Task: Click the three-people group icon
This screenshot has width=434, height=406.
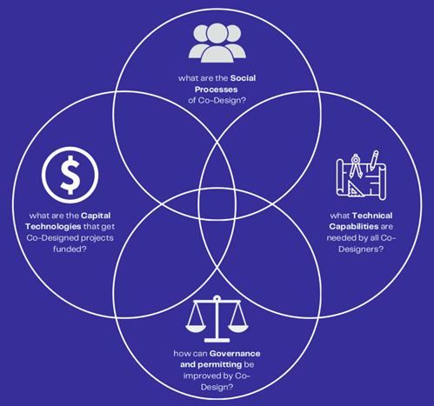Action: (217, 43)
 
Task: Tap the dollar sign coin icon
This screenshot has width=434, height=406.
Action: (70, 175)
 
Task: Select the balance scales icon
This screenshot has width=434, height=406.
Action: (217, 319)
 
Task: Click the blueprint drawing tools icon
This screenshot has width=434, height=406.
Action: (361, 175)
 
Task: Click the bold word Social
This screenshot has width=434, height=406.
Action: (243, 78)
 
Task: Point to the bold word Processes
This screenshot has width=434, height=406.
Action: (217, 90)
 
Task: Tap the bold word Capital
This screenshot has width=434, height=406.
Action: (96, 216)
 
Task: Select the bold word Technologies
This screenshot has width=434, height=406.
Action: (53, 227)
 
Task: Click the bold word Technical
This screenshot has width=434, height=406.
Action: (372, 216)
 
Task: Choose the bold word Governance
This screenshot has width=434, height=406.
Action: (235, 354)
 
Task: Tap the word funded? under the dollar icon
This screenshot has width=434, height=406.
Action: (70, 249)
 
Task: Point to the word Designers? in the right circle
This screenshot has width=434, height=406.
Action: (361, 249)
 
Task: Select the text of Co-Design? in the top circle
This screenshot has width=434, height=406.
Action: (222, 101)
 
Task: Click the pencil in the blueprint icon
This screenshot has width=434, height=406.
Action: (373, 160)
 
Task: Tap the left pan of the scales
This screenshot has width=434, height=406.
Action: (196, 328)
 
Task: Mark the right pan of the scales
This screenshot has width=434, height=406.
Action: (238, 328)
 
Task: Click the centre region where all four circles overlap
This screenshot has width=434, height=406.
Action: (217, 203)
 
